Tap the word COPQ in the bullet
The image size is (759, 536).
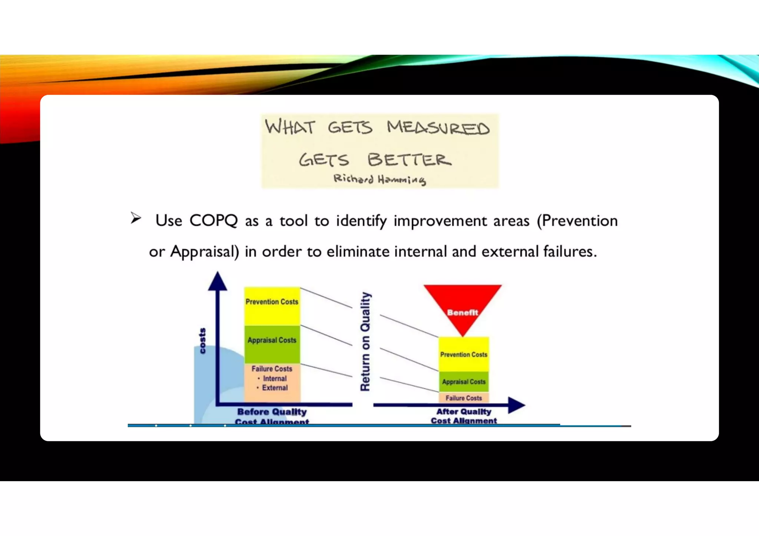[x=213, y=221]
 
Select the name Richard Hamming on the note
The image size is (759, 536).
[x=379, y=179]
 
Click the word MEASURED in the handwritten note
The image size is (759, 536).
[x=438, y=128]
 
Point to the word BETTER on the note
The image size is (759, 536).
[x=409, y=160]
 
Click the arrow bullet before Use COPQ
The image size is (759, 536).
[x=136, y=218]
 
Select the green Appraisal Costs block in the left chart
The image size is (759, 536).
[x=272, y=344]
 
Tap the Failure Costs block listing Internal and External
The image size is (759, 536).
[x=272, y=383]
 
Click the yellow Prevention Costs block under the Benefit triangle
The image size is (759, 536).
[x=464, y=354]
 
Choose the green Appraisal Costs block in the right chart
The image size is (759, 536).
[x=464, y=382]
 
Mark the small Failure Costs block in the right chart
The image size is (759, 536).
[x=464, y=398]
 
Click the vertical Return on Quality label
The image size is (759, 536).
[x=365, y=341]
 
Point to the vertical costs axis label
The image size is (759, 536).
[x=202, y=341]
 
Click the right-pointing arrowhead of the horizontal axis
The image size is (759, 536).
[x=516, y=405]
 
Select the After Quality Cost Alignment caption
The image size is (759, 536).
[x=464, y=416]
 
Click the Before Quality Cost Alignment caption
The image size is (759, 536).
[x=272, y=416]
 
